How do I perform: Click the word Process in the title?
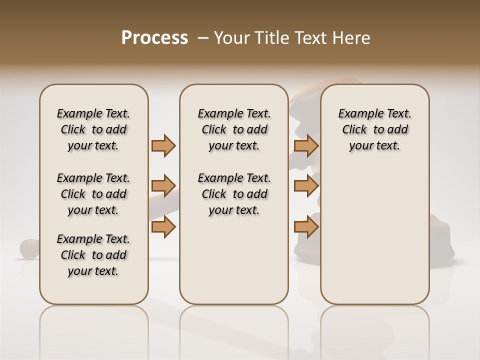click(x=154, y=38)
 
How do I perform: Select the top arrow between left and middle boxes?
click(x=163, y=145)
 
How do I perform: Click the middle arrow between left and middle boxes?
click(x=163, y=186)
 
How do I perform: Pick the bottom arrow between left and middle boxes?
click(x=163, y=226)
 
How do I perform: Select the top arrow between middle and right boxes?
click(x=306, y=145)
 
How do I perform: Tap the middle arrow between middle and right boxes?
click(x=306, y=186)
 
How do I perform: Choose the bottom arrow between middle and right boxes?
click(x=306, y=226)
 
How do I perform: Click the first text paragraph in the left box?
click(x=93, y=129)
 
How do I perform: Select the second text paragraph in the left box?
click(x=93, y=194)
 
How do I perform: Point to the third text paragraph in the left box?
click(x=93, y=255)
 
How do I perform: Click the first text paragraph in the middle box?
click(x=234, y=129)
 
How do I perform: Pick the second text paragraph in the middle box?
click(x=234, y=194)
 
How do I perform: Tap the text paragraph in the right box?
click(x=374, y=129)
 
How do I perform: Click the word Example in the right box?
click(x=359, y=114)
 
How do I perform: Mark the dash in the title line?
click(x=203, y=38)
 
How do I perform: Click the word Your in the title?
click(x=230, y=38)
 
